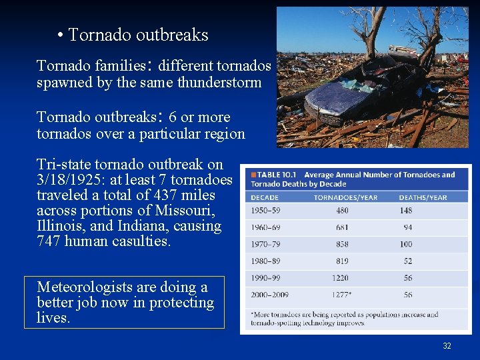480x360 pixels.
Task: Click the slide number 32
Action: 447,345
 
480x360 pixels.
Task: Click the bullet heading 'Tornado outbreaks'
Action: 138,35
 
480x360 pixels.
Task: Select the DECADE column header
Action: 265,197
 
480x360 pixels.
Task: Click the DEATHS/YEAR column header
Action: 423,197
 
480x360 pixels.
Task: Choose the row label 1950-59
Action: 265,211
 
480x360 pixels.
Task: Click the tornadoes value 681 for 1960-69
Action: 342,227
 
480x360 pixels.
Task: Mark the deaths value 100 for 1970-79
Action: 405,244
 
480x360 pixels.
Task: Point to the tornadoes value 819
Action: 342,261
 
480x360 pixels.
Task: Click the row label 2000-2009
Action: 269,294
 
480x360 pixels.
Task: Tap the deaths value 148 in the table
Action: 405,211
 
